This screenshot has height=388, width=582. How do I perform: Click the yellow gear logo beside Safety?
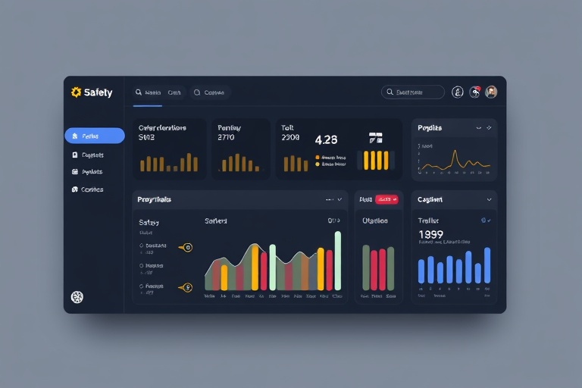click(76, 92)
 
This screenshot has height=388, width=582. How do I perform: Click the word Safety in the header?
click(99, 92)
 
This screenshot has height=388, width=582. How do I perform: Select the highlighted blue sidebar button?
click(95, 136)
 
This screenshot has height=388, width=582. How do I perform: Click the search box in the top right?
click(413, 92)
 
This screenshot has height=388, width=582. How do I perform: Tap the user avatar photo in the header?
click(491, 92)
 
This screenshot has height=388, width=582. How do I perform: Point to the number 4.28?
click(326, 139)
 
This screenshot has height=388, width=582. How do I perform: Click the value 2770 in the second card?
click(227, 138)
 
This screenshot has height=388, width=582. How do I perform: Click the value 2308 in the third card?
click(290, 138)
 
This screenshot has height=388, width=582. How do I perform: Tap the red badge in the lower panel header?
click(386, 199)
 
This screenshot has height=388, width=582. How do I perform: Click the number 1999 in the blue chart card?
click(430, 235)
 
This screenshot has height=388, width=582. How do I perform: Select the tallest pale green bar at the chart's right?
click(338, 260)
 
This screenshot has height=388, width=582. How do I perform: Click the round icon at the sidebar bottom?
click(77, 297)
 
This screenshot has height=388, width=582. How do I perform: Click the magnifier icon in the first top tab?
click(139, 92)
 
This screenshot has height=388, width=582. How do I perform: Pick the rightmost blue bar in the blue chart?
click(487, 265)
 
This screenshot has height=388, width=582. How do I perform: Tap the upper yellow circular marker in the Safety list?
click(188, 247)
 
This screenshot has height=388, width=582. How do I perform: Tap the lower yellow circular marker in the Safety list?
click(188, 287)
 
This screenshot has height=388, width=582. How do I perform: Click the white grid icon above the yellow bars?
click(376, 138)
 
